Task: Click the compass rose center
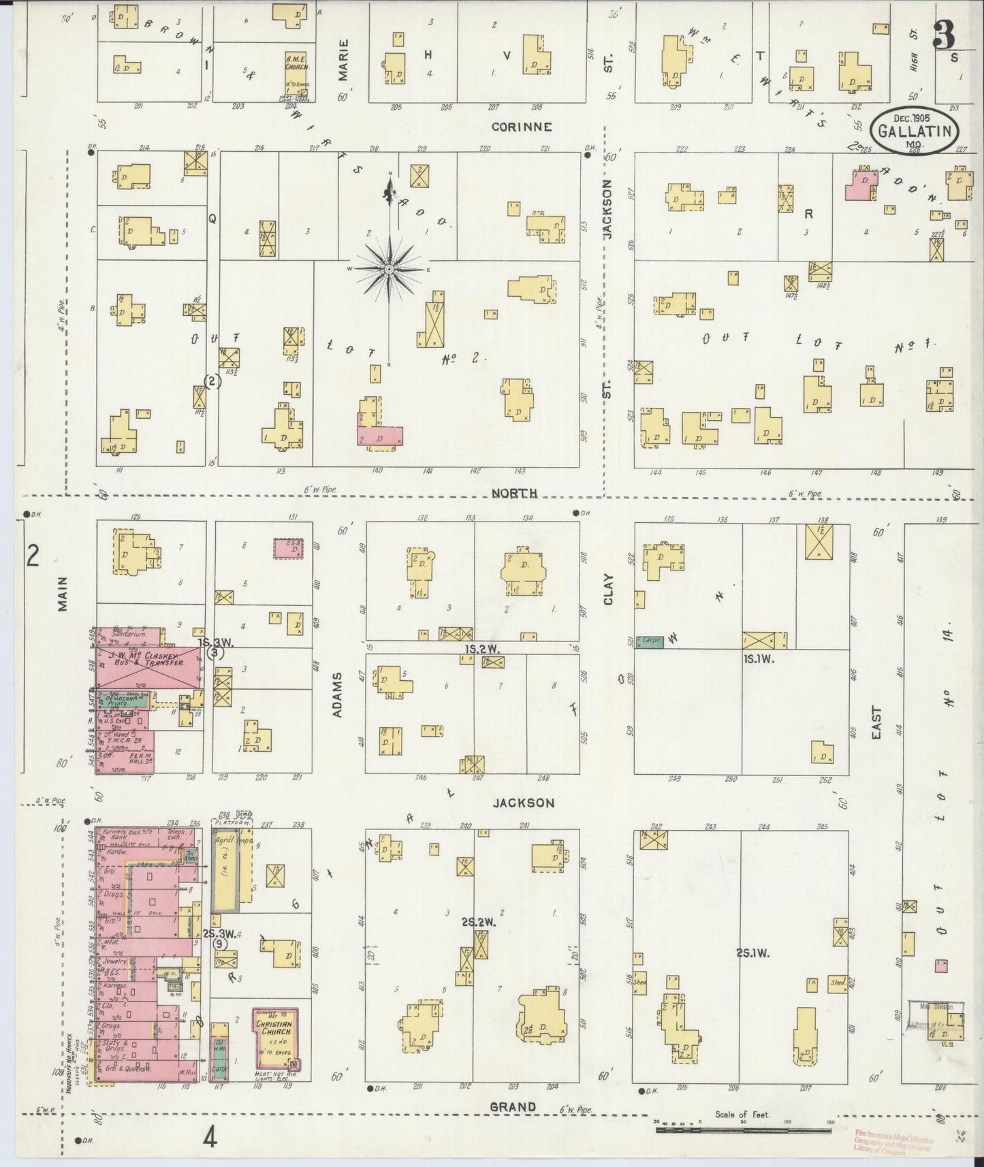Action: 389,270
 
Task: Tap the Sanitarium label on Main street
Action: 117,633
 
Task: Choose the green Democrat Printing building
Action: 121,701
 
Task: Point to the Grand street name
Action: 513,1107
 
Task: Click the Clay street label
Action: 608,590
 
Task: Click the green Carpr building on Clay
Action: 650,641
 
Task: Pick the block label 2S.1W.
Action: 752,953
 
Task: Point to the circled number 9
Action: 219,944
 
